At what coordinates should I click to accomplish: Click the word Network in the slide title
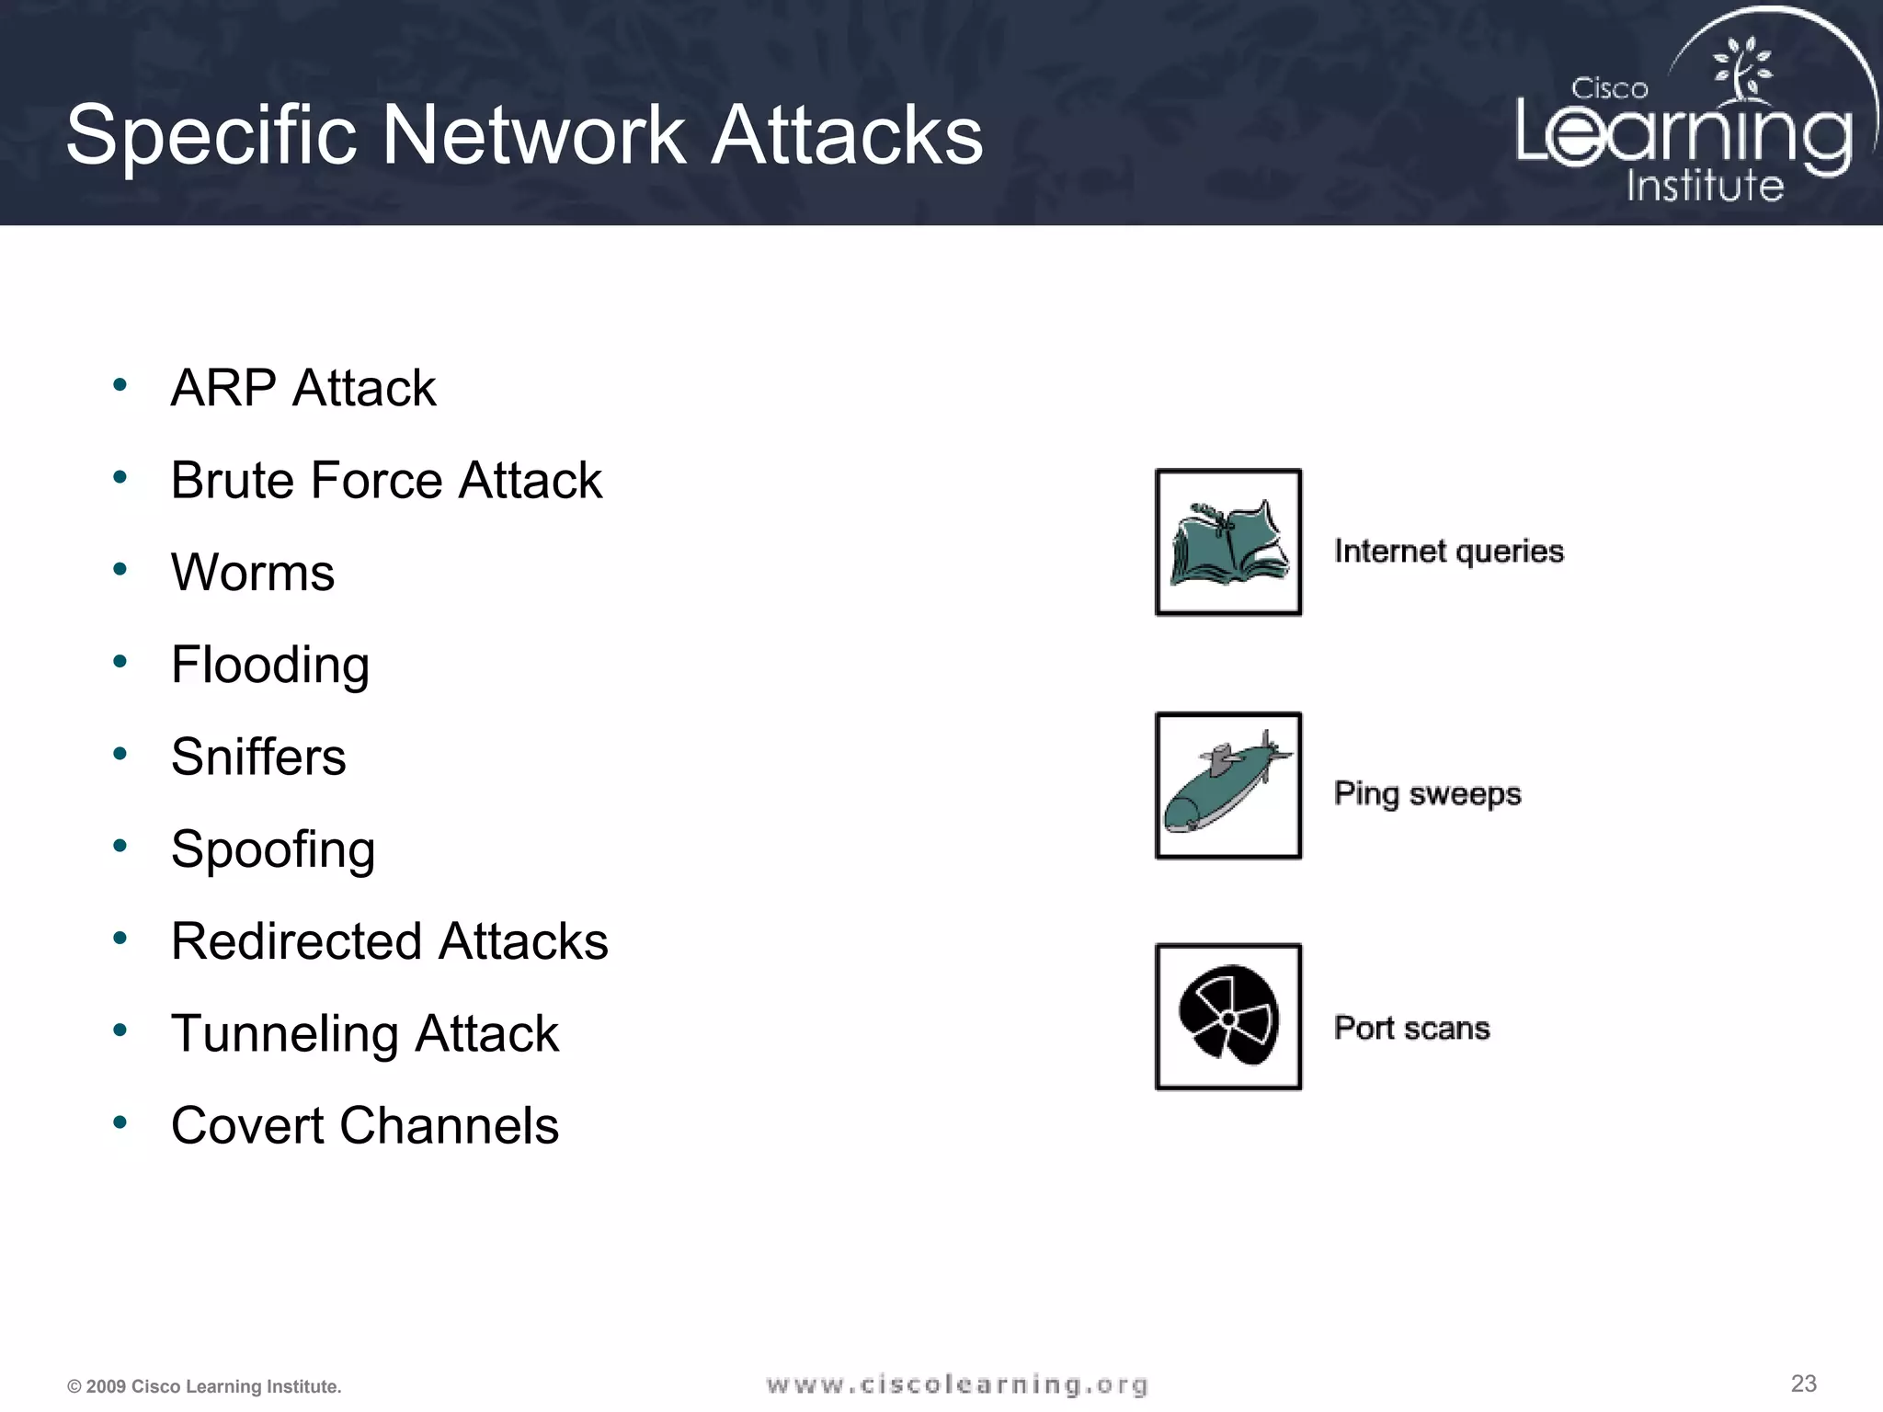533,135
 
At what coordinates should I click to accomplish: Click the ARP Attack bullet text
302,388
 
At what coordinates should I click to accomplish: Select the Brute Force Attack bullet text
386,480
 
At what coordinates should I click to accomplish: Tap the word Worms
253,573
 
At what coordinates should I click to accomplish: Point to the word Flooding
270,665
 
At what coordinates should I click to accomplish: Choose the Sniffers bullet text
258,757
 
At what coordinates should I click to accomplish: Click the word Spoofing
273,849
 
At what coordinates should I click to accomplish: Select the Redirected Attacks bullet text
390,941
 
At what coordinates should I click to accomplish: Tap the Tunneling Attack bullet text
365,1033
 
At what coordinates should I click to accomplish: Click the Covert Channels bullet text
365,1125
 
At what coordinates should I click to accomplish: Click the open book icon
1228,542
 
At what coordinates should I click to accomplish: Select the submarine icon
1228,785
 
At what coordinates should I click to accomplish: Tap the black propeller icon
1228,1016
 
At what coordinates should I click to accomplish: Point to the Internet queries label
1449,551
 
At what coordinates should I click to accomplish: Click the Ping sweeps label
1427,793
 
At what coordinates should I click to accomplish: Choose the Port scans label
1411,1028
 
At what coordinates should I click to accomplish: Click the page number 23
1803,1384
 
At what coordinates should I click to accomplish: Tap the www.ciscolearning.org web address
957,1384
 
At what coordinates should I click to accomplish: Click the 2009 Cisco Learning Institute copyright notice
204,1386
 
